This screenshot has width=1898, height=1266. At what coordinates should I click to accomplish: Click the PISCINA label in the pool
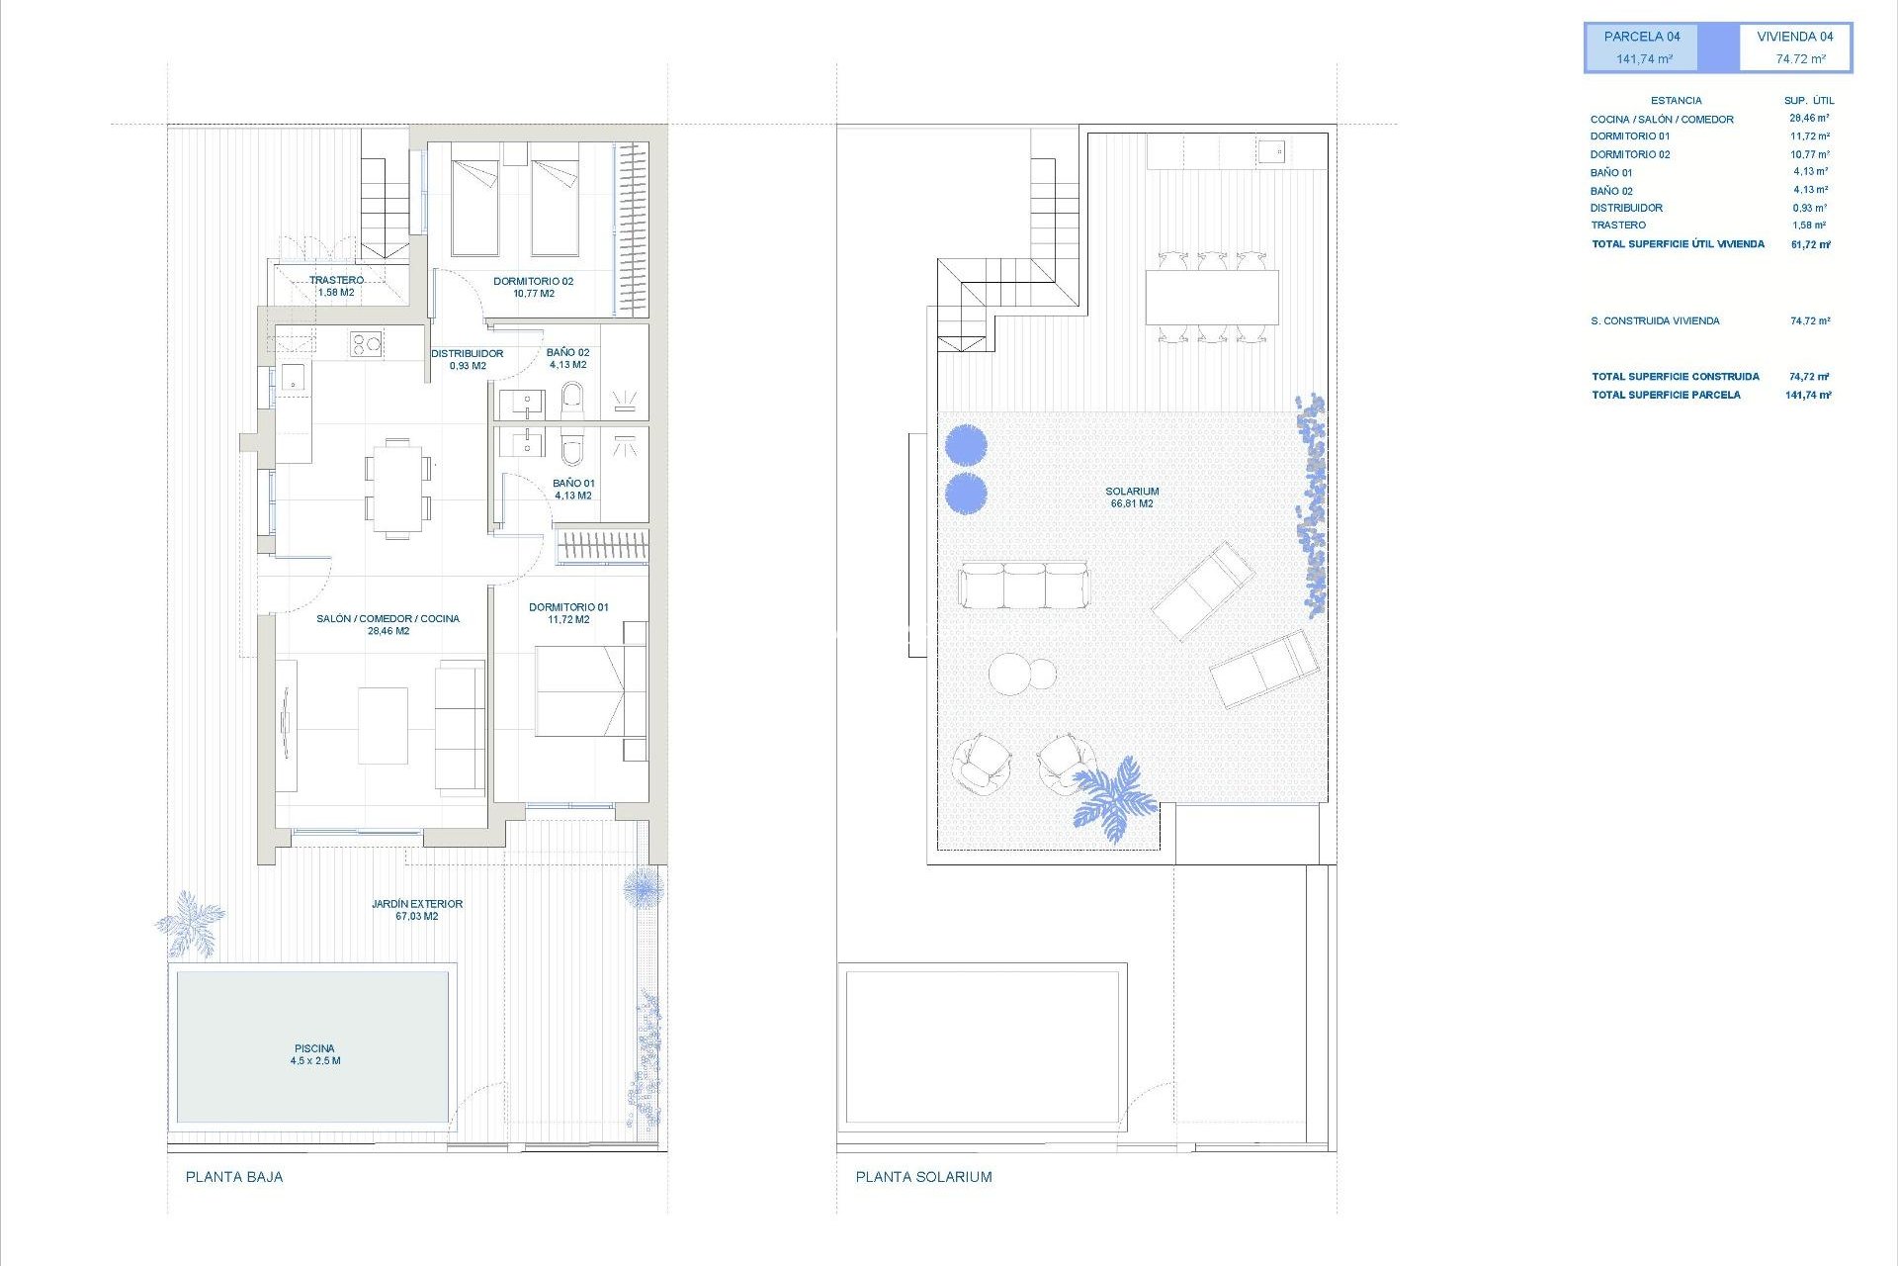[x=314, y=1054]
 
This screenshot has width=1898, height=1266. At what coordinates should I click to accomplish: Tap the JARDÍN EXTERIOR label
[x=416, y=909]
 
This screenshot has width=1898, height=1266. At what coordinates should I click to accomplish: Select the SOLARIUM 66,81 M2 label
[x=1132, y=497]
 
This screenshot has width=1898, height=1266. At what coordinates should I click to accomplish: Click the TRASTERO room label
[x=336, y=286]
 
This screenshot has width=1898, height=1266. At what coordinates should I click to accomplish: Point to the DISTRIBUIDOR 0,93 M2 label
[x=467, y=359]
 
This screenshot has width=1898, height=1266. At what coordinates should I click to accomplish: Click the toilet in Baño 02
[x=572, y=402]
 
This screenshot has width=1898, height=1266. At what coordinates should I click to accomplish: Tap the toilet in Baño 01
[x=571, y=447]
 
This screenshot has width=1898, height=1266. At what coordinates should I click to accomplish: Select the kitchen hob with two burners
[x=366, y=344]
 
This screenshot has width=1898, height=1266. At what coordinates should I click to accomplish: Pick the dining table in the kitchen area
[x=397, y=488]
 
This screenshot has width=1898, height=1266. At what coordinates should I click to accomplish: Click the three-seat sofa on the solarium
[x=1023, y=585]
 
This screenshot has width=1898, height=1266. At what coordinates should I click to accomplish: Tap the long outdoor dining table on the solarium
[x=1212, y=297]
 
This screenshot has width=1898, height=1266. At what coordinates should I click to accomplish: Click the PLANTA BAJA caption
[x=234, y=1177]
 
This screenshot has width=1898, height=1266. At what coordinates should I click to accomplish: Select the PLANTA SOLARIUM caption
[x=923, y=1177]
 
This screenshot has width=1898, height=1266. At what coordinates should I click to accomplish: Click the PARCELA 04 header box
[x=1642, y=47]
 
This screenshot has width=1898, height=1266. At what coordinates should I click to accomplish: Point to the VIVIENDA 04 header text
[x=1794, y=37]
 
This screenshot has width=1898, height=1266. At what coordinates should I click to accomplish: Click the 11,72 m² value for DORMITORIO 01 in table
[x=1809, y=136]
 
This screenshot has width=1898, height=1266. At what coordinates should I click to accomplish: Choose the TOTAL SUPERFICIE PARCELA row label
[x=1666, y=395]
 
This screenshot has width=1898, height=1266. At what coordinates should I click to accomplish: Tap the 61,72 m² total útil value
[x=1810, y=244]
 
